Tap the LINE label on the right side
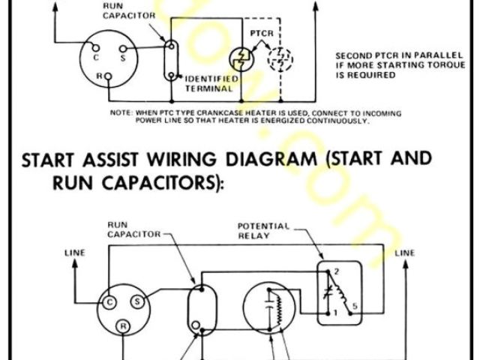click(x=405, y=253)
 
